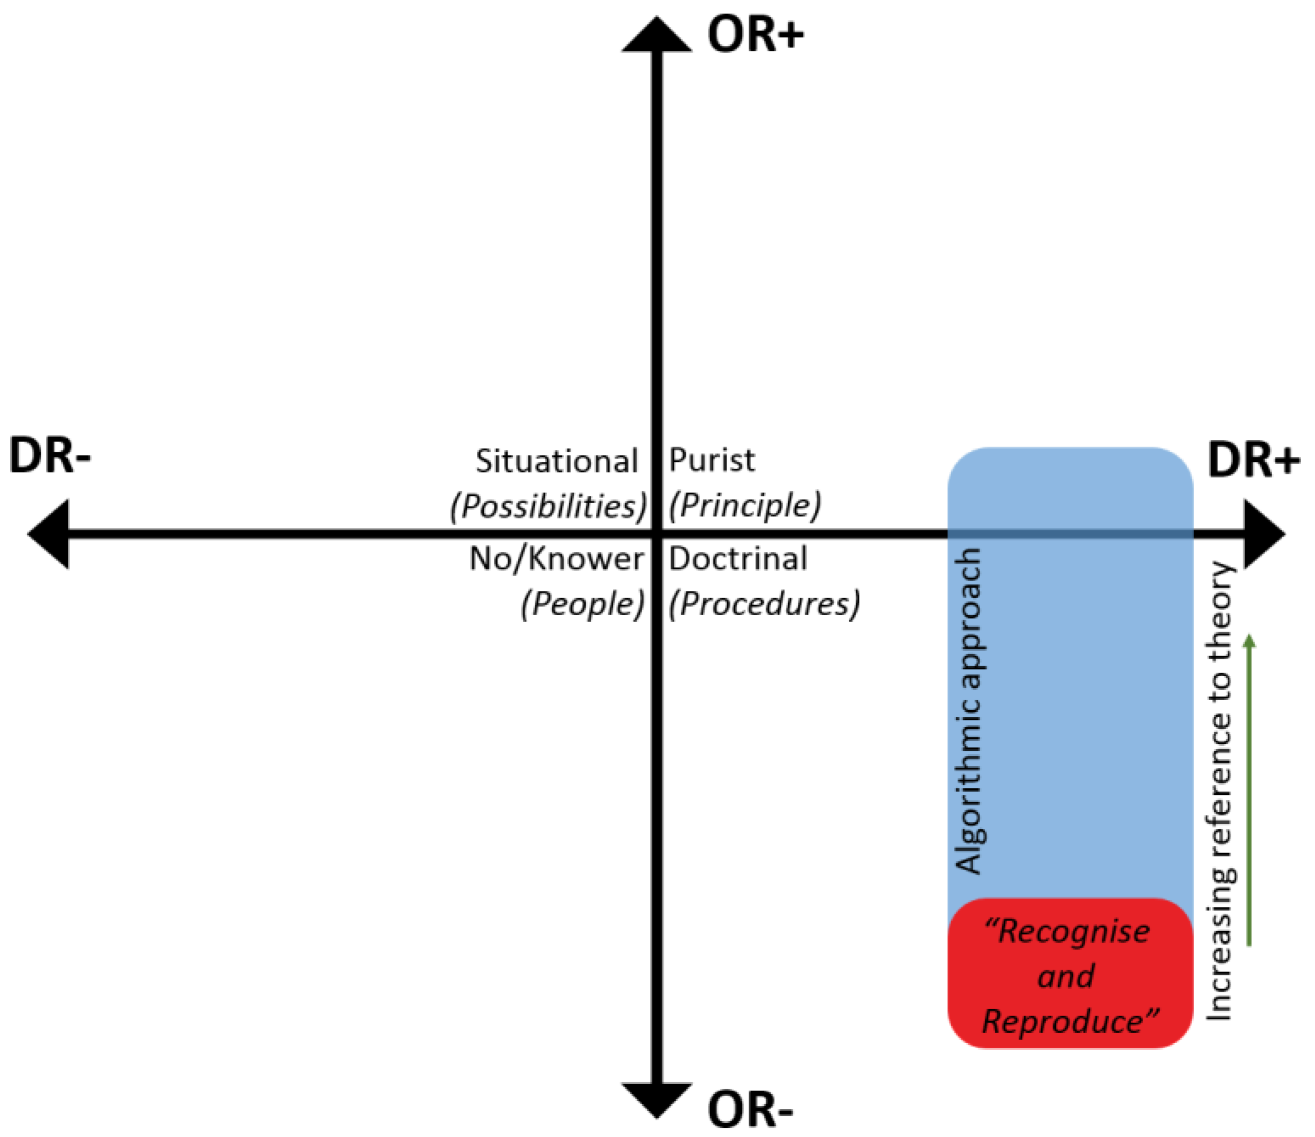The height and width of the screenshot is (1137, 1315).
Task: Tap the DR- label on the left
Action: (50, 456)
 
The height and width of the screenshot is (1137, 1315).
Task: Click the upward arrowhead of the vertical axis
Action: (656, 35)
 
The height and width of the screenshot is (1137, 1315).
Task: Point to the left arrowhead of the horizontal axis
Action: (48, 534)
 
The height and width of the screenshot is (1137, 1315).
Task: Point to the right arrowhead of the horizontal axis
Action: (1264, 534)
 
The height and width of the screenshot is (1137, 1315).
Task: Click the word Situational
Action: (556, 461)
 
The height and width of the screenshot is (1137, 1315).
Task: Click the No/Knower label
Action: (556, 559)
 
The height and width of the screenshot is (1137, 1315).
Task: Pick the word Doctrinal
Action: (738, 559)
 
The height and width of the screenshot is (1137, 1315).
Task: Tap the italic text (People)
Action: (583, 603)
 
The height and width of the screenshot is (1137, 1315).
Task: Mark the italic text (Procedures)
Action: (764, 603)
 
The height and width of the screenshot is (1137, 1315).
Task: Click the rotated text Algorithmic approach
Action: (969, 711)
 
